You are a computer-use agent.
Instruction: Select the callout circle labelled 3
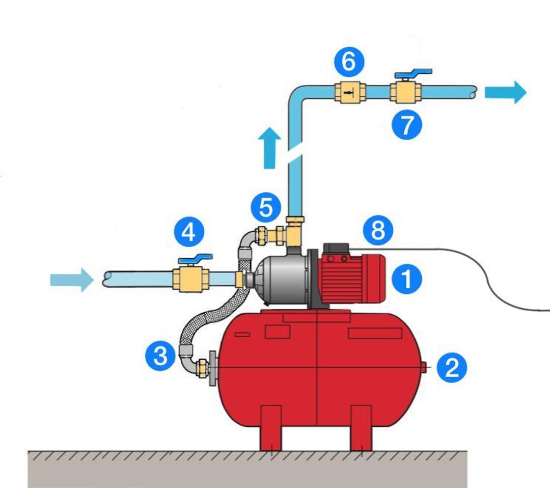pos(160,355)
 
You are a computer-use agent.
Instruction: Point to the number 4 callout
pos(188,232)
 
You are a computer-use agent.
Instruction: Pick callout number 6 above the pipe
pos(349,62)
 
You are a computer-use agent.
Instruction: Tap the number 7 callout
pos(406,125)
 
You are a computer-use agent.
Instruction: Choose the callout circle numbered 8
pos(378,230)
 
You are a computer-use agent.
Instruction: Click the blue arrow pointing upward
pos(270,148)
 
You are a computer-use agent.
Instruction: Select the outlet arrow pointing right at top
pos(505,92)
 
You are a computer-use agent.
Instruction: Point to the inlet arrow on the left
pos(71,280)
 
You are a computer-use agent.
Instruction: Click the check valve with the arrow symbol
pos(350,93)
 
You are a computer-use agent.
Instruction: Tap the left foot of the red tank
pos(270,428)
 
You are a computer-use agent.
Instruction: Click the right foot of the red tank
pos(361,428)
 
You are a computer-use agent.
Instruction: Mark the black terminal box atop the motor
pos(336,250)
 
